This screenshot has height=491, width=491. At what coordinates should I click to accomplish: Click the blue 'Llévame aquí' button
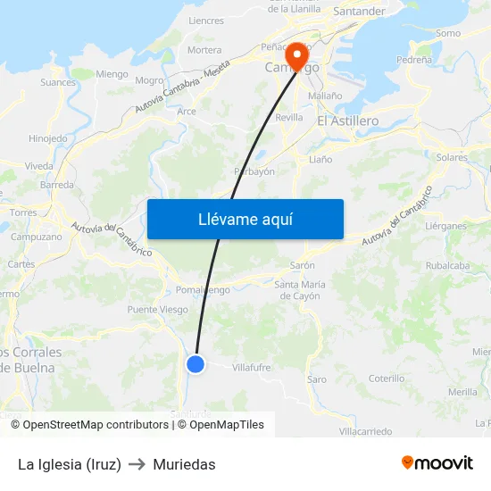245,220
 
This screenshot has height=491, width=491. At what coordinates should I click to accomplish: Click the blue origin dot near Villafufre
196,363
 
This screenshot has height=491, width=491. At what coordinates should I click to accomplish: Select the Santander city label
359,12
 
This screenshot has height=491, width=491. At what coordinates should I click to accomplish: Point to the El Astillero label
348,121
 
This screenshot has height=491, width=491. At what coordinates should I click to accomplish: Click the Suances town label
58,82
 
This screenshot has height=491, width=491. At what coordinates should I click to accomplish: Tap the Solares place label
453,157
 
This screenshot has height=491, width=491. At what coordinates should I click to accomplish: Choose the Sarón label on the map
303,266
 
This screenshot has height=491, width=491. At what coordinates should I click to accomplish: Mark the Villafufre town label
251,367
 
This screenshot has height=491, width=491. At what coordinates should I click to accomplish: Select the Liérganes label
446,227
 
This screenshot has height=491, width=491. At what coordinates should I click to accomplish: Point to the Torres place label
23,212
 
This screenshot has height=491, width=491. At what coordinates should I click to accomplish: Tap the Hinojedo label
48,138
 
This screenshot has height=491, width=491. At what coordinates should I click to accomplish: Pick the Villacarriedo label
365,431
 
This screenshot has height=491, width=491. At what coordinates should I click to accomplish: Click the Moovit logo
437,462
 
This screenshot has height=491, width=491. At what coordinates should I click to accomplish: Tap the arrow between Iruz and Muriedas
137,464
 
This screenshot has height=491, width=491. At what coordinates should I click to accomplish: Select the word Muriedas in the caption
184,464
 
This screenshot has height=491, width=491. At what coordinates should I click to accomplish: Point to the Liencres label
206,21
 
